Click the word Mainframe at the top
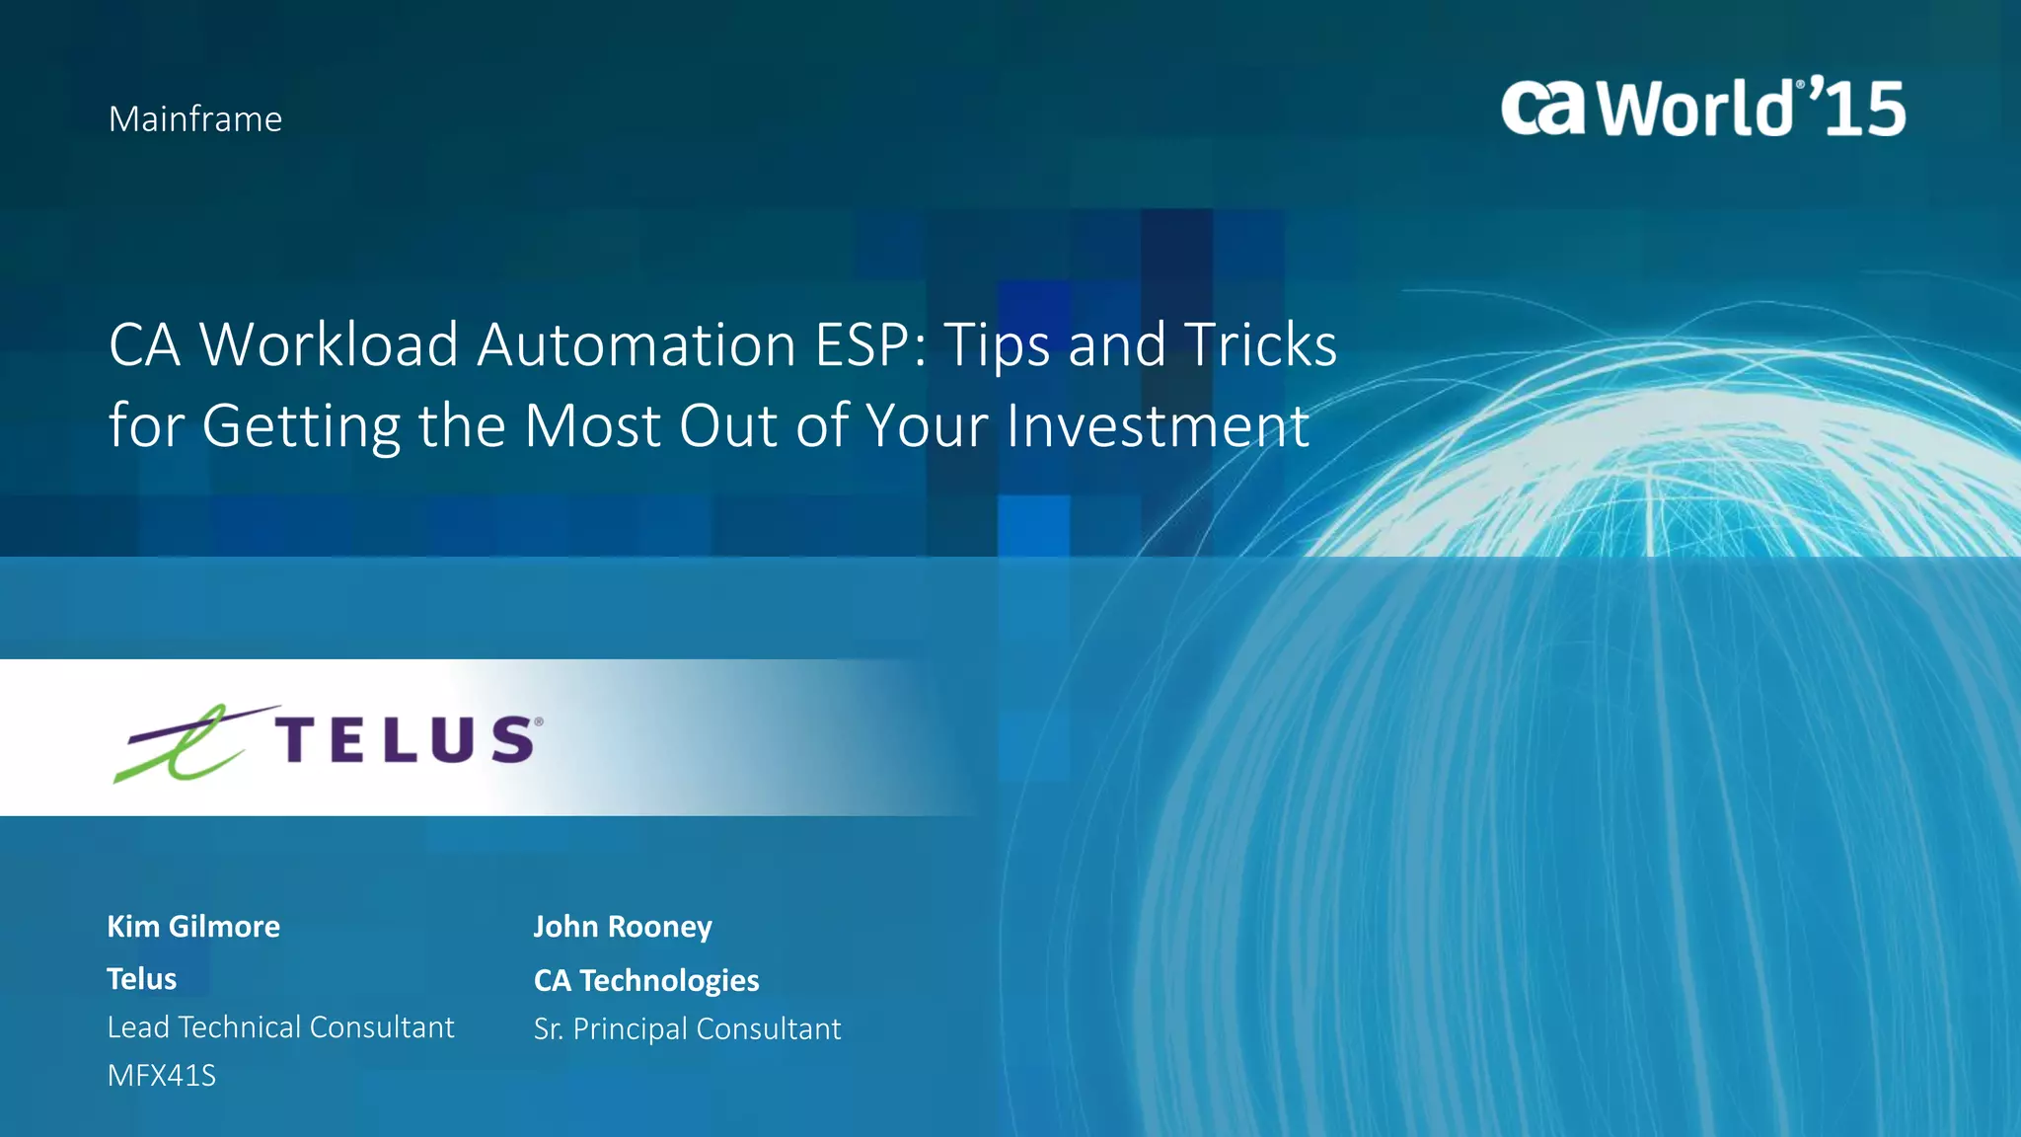tap(195, 119)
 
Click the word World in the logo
tap(1695, 108)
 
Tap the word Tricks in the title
tap(1260, 345)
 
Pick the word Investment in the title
tap(1158, 426)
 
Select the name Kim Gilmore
tap(193, 927)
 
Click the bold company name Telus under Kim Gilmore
tap(142, 979)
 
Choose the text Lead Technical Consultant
tap(280, 1027)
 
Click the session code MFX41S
tap(162, 1076)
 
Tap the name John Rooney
tap(623, 927)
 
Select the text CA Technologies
tap(646, 980)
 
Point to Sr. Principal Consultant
tap(687, 1029)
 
